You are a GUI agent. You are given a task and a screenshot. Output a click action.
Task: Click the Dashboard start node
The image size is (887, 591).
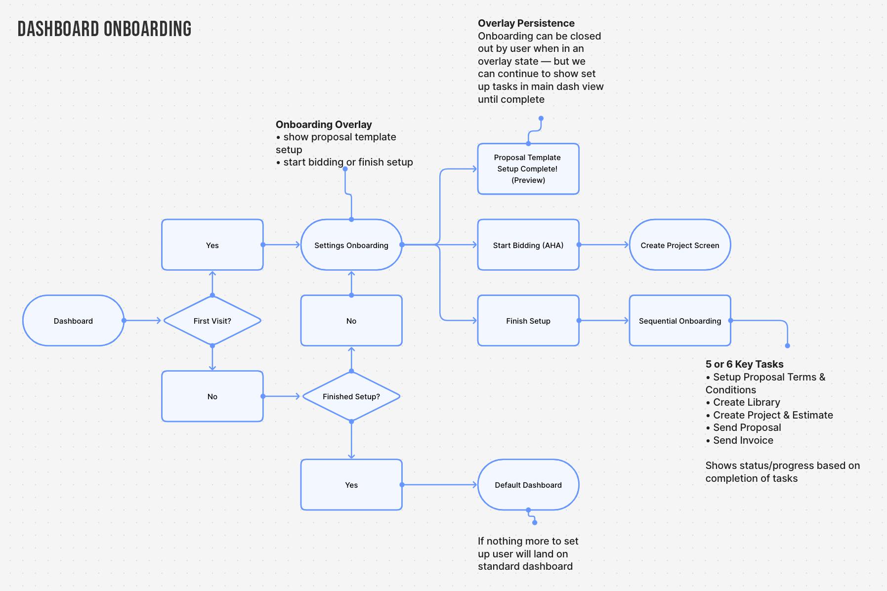coord(73,321)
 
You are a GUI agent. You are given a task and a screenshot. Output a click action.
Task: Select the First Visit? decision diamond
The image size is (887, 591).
coord(212,321)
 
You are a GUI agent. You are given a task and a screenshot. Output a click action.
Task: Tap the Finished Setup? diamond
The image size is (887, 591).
coord(351,396)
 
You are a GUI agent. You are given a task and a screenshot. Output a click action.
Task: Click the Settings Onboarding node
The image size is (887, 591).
coord(351,245)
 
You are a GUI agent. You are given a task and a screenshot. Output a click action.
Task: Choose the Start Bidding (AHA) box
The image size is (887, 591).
coord(528,245)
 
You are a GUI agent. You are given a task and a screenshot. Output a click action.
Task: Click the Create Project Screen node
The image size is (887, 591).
coord(679,245)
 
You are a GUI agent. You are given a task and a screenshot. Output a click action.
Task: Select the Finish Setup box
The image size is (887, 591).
coord(528,321)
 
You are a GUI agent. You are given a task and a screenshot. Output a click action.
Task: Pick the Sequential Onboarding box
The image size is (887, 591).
coord(679,321)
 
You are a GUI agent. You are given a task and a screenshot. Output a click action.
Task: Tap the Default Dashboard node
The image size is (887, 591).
coord(528,485)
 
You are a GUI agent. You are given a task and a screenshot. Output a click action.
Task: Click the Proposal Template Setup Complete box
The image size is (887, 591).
coord(528,169)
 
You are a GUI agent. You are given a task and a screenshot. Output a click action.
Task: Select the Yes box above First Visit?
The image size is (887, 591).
coord(212,245)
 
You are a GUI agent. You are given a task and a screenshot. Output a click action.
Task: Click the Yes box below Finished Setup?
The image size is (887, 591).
coord(351,485)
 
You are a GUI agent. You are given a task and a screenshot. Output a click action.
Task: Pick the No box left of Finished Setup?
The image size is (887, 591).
coord(212,396)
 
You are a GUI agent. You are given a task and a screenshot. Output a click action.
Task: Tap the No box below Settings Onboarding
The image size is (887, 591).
coord(351,321)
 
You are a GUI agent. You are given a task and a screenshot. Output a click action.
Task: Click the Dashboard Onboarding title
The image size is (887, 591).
coord(104,29)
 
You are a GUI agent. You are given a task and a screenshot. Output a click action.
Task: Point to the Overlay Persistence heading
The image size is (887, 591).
coord(526,23)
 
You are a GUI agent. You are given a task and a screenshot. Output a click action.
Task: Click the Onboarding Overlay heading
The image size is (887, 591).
coord(324,125)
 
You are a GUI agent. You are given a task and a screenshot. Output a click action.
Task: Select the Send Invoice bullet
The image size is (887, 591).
coord(743,440)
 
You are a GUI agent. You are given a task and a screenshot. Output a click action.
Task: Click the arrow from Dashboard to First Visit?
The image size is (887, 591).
coord(143,321)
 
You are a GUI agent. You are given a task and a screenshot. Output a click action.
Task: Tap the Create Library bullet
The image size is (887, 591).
coord(746,402)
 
